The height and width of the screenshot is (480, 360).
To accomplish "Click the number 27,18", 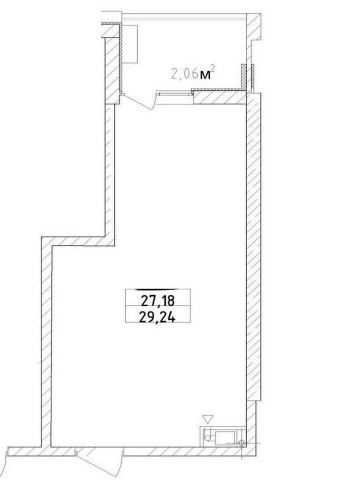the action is (157, 301).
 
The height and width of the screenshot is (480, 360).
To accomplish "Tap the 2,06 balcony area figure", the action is (183, 74).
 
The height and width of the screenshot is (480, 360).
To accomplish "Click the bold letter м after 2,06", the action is (205, 76).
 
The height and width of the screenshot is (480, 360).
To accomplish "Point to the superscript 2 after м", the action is (212, 70).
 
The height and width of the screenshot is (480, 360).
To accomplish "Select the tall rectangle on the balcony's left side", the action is (130, 44).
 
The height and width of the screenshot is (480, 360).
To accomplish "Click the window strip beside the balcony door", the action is (175, 93).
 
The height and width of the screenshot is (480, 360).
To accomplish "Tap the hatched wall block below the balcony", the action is (220, 98).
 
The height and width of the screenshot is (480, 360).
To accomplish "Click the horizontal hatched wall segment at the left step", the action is (78, 240).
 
